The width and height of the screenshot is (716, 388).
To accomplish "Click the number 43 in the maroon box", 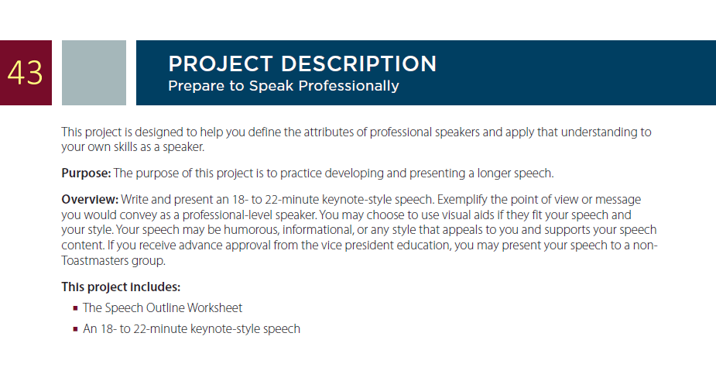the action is point(25,73).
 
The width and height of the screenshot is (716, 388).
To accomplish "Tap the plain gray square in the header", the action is point(94,73).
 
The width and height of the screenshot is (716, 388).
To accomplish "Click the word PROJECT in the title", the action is point(221,64).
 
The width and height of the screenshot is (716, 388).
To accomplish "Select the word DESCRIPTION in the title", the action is point(359,64).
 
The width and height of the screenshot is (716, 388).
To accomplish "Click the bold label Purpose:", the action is point(86,173).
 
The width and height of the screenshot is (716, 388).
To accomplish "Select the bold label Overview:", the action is point(90,200).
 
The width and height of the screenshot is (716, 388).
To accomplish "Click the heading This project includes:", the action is point(121,287).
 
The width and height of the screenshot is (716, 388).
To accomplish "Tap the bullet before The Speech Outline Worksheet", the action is point(75,308).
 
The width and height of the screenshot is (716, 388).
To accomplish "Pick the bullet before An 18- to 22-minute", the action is point(75,329).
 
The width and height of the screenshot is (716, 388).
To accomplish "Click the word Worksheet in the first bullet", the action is point(214,308).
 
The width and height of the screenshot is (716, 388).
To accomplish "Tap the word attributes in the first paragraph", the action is point(329,132).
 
